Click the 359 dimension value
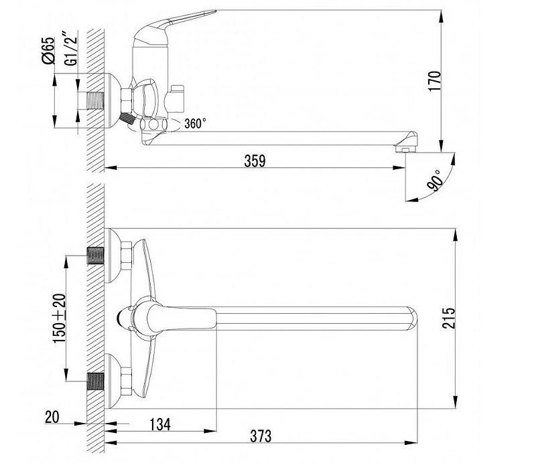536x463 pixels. click(x=255, y=161)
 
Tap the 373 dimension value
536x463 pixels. click(x=261, y=436)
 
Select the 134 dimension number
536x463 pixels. click(x=160, y=424)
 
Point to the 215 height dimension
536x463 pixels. click(x=449, y=318)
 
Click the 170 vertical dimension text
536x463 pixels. click(x=435, y=81)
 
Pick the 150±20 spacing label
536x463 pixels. click(x=59, y=318)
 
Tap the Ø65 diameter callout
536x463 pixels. click(x=48, y=51)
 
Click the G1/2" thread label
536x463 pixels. click(x=72, y=49)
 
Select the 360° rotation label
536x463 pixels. click(x=195, y=123)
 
